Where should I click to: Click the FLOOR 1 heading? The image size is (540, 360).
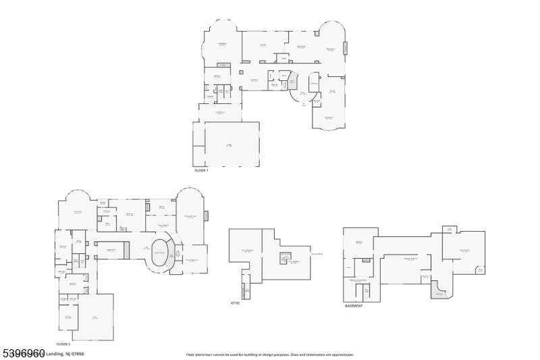(201, 170)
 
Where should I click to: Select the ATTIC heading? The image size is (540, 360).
(235, 303)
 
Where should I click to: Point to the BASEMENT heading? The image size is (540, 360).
(354, 305)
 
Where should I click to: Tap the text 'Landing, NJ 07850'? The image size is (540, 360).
(65, 354)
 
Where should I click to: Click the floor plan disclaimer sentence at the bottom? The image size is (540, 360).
(269, 355)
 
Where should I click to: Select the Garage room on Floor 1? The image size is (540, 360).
(230, 145)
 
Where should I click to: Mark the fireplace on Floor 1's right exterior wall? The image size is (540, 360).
(346, 48)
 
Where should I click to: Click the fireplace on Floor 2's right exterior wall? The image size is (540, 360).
(207, 216)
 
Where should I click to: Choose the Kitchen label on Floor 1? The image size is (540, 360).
(263, 45)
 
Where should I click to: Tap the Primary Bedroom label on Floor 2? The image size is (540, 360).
(190, 217)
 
